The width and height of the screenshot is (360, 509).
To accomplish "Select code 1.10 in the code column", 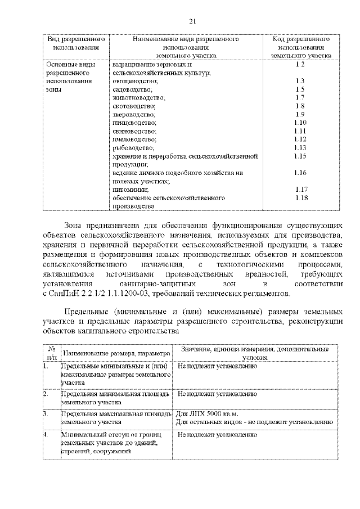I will pos(300,122).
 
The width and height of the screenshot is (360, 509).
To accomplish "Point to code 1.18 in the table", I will pos(300,198).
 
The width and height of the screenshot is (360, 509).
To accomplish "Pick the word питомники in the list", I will pos(127,190).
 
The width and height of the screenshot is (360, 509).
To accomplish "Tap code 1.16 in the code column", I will pos(300,173).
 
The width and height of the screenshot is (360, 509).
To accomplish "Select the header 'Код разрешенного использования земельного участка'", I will pos(300,48).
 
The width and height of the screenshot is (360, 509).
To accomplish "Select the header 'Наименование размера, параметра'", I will pos(116,353).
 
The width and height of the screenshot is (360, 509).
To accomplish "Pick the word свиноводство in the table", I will pos(134,130).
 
